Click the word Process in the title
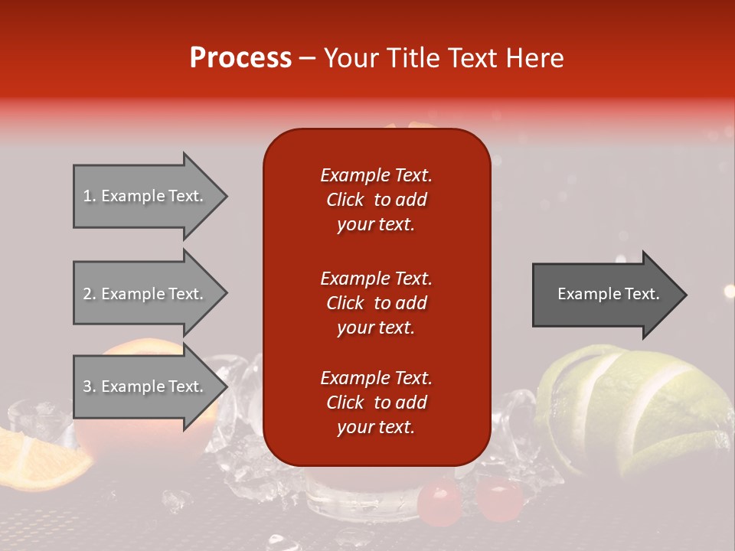[x=240, y=58]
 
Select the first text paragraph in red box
[x=376, y=199]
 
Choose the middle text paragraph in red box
[x=376, y=302]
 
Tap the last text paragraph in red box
[x=376, y=403]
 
